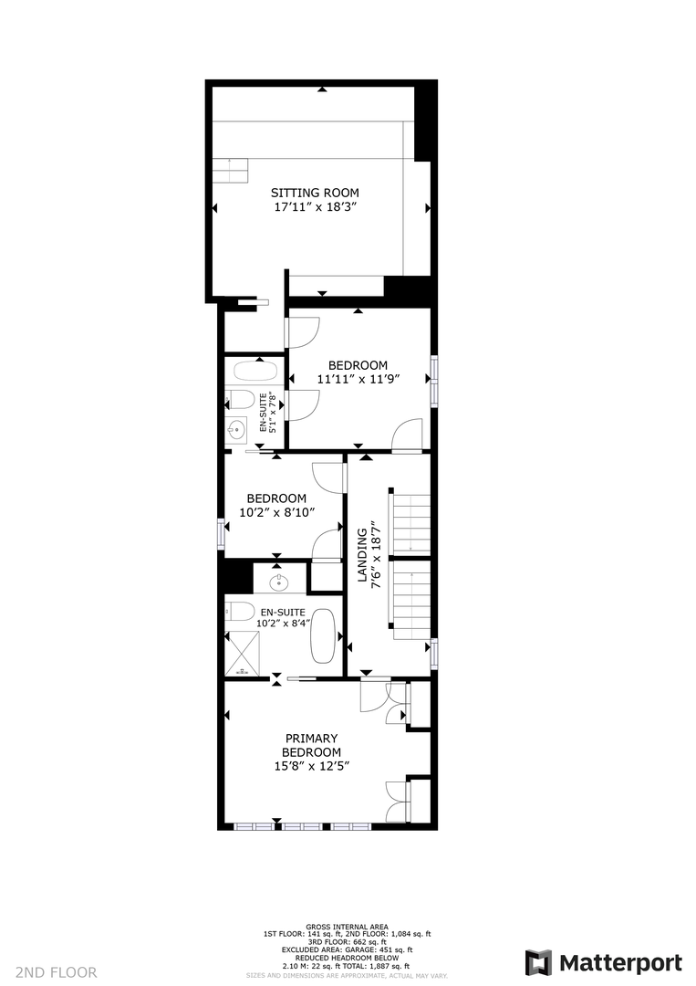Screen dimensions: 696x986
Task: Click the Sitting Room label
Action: pos(315,193)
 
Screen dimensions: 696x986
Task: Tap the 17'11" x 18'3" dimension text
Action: pos(316,207)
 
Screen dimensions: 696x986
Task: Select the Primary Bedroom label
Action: pos(312,745)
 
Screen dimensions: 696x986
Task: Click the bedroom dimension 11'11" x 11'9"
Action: pos(358,379)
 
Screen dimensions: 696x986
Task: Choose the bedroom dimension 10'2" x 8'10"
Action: pos(277,512)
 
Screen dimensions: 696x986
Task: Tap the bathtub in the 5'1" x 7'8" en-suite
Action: pos(255,371)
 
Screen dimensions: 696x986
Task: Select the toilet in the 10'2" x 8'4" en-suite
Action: pos(239,611)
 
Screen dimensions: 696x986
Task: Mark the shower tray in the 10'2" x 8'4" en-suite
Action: pos(243,653)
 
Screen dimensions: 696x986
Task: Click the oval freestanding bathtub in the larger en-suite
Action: pos(324,635)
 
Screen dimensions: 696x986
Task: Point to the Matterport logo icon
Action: pos(538,963)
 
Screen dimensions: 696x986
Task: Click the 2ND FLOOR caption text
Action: pos(56,972)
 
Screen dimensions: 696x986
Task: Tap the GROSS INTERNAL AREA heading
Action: pos(347,927)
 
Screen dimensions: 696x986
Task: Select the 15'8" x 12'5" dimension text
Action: pos(312,766)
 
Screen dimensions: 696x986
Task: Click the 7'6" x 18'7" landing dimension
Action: pos(377,555)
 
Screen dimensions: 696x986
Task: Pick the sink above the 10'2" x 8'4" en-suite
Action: pos(279,582)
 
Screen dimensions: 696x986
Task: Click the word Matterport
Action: pos(620,963)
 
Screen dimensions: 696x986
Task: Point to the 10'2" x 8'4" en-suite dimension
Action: pos(284,624)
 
